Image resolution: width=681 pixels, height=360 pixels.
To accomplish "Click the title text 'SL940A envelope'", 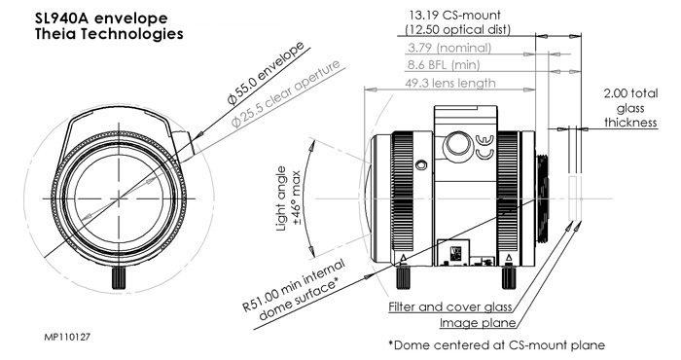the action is [x=101, y=18].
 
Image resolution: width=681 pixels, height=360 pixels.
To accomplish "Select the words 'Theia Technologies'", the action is [x=109, y=34].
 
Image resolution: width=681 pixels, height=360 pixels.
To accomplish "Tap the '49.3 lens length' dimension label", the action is [x=449, y=83].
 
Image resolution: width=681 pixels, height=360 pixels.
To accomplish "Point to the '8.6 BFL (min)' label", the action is [x=444, y=65].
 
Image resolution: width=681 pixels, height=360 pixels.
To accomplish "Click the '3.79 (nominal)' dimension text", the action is [x=449, y=48].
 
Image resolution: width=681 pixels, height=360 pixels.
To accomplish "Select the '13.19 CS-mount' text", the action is [x=455, y=16].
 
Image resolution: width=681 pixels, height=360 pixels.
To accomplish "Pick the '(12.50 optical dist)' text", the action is [x=458, y=29].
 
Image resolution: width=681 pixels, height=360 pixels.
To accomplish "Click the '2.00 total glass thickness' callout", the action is [x=630, y=108].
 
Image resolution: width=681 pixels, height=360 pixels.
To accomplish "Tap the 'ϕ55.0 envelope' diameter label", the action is [x=266, y=74].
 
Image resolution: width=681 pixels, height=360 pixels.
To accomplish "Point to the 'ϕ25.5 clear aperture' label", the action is [x=285, y=94].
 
